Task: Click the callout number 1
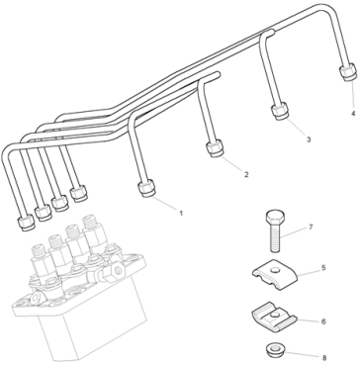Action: [181, 214]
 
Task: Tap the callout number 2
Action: [246, 174]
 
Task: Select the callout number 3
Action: [309, 139]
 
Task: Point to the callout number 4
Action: [353, 114]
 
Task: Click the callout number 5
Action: [323, 267]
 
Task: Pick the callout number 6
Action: [323, 321]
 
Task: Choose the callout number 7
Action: [311, 227]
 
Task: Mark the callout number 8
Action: [324, 357]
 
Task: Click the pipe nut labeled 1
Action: [146, 188]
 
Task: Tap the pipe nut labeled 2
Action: [215, 148]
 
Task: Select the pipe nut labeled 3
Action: [280, 111]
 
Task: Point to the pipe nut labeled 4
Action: [348, 72]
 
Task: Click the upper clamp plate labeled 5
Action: [275, 275]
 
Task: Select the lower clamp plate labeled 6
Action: [274, 317]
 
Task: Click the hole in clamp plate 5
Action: [275, 271]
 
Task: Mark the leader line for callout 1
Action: [164, 204]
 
